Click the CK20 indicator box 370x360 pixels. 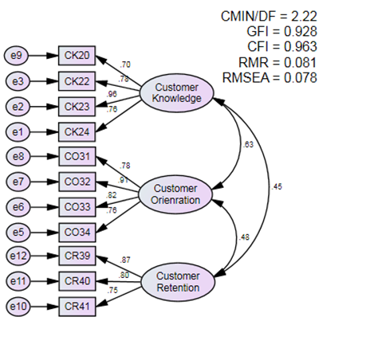[x=77, y=56]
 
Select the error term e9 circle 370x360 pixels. [x=16, y=56]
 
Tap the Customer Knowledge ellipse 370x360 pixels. [x=177, y=92]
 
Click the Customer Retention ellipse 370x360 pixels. [x=178, y=282]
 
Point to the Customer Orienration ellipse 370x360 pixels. [x=175, y=194]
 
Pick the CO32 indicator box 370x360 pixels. [x=77, y=182]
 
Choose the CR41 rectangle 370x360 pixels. [x=77, y=307]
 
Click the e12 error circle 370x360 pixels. [x=18, y=256]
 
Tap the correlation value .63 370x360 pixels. [x=248, y=145]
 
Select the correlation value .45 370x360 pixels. [x=277, y=187]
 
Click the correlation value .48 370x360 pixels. [x=244, y=237]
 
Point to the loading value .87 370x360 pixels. [x=125, y=260]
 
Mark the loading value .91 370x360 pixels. [x=123, y=180]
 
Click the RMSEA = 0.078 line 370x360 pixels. [x=270, y=78]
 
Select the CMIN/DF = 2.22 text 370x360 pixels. [x=269, y=17]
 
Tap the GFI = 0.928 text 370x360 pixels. [x=281, y=32]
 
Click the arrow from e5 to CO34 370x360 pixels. [x=45, y=233]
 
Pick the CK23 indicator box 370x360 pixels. [x=77, y=107]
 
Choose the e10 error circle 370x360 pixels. [x=18, y=307]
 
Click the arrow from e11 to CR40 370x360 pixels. [x=45, y=281]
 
